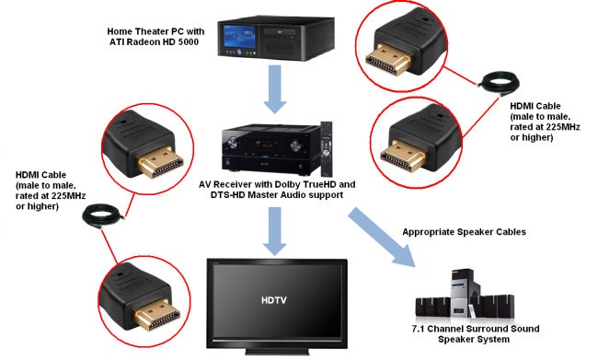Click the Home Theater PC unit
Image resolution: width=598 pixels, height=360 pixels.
[x=276, y=38]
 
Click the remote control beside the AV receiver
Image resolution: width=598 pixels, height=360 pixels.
[x=327, y=148]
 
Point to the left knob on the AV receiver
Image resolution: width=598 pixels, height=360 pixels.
[x=232, y=144]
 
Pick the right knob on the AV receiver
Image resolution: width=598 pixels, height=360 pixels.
[x=295, y=145]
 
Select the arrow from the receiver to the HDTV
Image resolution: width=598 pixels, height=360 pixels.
[x=274, y=231]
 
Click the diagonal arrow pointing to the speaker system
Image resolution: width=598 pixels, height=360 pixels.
[x=382, y=237]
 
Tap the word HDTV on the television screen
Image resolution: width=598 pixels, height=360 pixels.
[x=274, y=300]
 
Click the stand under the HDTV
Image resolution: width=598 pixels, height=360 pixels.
[x=277, y=352]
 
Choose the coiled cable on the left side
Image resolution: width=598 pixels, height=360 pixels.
[x=103, y=216]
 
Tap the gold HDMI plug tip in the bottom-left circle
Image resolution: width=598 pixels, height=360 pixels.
[x=156, y=314]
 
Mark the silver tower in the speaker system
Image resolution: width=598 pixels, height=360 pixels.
[x=463, y=293]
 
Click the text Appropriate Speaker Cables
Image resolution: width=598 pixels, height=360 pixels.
[x=464, y=232]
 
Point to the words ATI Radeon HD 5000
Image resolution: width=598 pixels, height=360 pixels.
[x=154, y=42]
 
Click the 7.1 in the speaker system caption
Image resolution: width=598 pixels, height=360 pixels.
[x=419, y=329]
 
